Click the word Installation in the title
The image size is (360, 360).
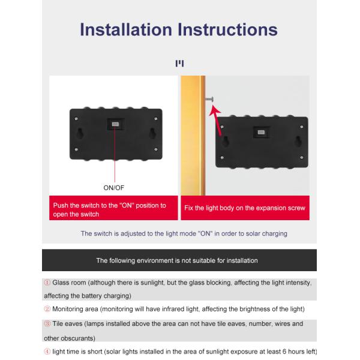click(x=126, y=29)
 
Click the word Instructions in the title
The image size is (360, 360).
click(x=227, y=29)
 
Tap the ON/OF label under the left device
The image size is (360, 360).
click(x=113, y=188)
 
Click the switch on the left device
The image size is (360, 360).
click(x=115, y=124)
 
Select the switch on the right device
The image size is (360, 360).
click(x=261, y=132)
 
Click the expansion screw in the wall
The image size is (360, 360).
click(x=209, y=99)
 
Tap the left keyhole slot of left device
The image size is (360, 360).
click(x=80, y=133)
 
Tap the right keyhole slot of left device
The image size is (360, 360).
click(x=152, y=133)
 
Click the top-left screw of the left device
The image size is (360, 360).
click(x=76, y=119)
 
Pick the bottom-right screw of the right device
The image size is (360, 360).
click(x=301, y=157)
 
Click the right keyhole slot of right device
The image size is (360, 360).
click(x=298, y=141)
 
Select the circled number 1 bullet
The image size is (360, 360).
click(x=47, y=283)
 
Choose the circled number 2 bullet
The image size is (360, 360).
click(x=47, y=309)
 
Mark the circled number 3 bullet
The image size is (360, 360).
click(x=47, y=324)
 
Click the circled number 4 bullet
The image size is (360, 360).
click(x=47, y=352)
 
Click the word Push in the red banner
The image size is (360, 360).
click(x=61, y=205)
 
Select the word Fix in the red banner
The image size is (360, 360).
click(x=188, y=208)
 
